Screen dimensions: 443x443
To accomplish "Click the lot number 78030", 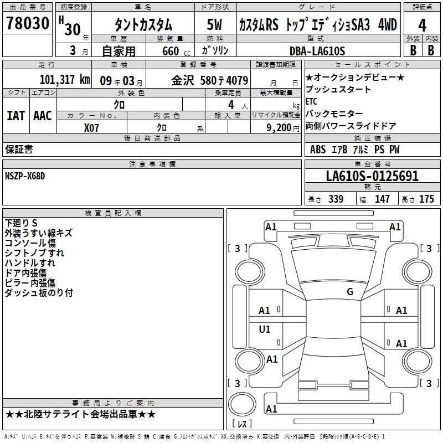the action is (x=28, y=23).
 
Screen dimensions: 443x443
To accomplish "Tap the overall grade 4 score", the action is (x=422, y=25).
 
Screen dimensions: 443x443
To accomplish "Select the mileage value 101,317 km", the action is (x=65, y=80).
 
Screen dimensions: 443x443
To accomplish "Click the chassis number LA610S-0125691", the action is (x=372, y=176).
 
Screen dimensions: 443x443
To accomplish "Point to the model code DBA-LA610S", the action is (x=317, y=51).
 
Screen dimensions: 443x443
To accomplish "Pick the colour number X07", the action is (x=91, y=128).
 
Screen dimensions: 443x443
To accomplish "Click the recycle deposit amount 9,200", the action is (x=279, y=128).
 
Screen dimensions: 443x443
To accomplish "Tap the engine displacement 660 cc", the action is (x=176, y=51).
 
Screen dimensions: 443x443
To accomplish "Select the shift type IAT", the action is (x=16, y=116).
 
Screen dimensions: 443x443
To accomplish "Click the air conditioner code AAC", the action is (x=43, y=116).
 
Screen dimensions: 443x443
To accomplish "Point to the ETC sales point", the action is (x=311, y=101).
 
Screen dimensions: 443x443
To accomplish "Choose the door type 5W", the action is (x=214, y=24).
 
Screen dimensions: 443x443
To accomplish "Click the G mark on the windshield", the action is (x=350, y=291).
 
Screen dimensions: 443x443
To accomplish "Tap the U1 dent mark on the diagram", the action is (x=265, y=329).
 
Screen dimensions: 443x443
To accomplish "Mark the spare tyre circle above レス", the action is (x=242, y=404).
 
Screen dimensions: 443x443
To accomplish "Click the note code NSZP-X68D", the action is (x=25, y=176).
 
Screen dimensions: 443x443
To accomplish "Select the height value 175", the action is (x=426, y=199).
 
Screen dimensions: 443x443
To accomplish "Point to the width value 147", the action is (x=382, y=199).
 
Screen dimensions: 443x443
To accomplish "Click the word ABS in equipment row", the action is (x=318, y=150).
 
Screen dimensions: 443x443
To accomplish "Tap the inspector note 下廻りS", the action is (x=21, y=223).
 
